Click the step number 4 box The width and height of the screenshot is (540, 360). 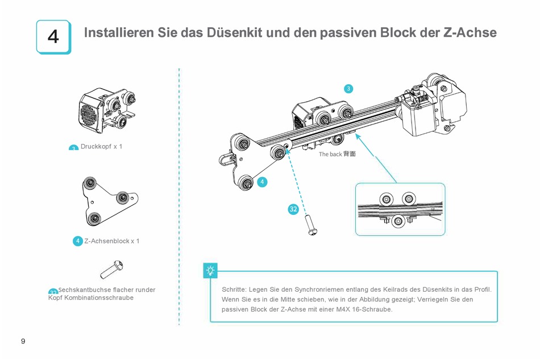point(53,37)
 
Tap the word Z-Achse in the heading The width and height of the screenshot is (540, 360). point(469,32)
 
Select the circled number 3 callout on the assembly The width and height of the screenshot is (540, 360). point(348,88)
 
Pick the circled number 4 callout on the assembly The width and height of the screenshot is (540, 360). point(262,182)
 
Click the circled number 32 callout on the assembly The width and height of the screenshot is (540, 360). point(293,209)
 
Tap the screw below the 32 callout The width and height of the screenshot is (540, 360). point(311,225)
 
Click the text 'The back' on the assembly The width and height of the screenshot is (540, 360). point(330,154)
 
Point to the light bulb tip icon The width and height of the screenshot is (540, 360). point(210,271)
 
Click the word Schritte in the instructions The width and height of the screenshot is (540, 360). point(234,289)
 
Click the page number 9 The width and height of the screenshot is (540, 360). point(23,341)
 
